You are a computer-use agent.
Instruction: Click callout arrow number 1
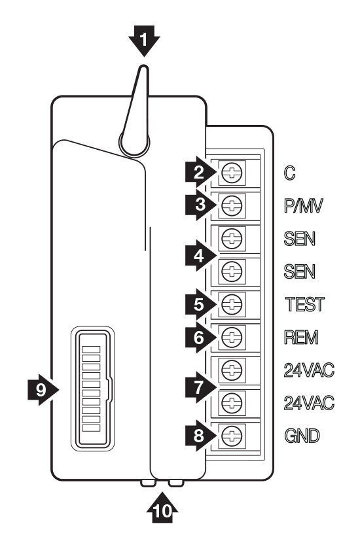(x=144, y=40)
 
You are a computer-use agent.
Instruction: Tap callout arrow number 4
(x=200, y=255)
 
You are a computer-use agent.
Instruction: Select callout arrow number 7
(x=200, y=387)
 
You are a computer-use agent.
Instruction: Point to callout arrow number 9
(x=43, y=390)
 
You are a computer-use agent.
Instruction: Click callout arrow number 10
(x=162, y=508)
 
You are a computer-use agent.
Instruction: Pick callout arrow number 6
(x=200, y=338)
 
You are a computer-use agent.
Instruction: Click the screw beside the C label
(x=232, y=173)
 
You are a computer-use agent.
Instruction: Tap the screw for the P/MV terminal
(x=232, y=205)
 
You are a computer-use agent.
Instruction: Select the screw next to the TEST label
(x=232, y=304)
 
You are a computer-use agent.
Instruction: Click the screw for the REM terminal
(x=232, y=336)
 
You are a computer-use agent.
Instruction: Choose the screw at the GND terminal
(x=232, y=435)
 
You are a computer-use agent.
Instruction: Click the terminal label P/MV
(x=304, y=205)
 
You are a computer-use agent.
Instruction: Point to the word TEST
(x=305, y=304)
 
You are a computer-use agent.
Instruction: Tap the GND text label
(x=302, y=436)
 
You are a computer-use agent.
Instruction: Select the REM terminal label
(x=301, y=338)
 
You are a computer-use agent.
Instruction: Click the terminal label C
(x=289, y=173)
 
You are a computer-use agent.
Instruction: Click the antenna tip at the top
(x=143, y=67)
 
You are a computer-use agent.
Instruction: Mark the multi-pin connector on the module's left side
(x=92, y=389)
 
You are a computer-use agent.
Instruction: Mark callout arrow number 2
(x=200, y=173)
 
